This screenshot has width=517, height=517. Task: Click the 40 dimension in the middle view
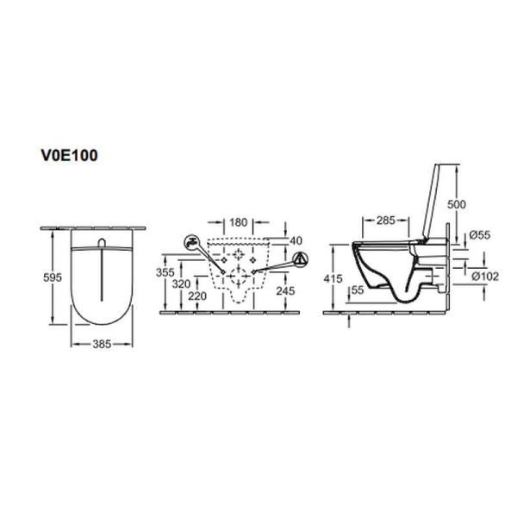[x=297, y=240]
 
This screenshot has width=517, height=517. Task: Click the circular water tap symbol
[x=191, y=243]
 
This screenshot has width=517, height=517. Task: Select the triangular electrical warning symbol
[x=298, y=258]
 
